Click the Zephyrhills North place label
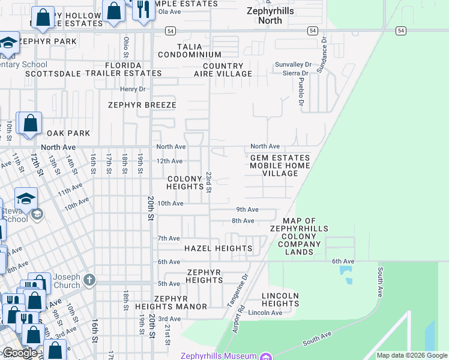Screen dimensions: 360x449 [x=265, y=15]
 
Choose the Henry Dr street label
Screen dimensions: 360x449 [x=133, y=89]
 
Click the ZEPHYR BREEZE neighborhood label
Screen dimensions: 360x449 [x=142, y=105]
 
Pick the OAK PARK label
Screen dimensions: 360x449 [x=68, y=133]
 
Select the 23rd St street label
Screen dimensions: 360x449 [x=209, y=182]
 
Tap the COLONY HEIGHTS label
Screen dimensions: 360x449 [x=185, y=182]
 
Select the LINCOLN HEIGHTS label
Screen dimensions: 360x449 [x=280, y=299]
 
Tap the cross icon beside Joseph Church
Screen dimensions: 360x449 [x=89, y=279]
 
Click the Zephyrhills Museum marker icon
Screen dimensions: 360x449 [x=265, y=356]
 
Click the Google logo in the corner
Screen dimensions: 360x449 [x=20, y=353]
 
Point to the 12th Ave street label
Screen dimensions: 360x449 [x=169, y=161]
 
